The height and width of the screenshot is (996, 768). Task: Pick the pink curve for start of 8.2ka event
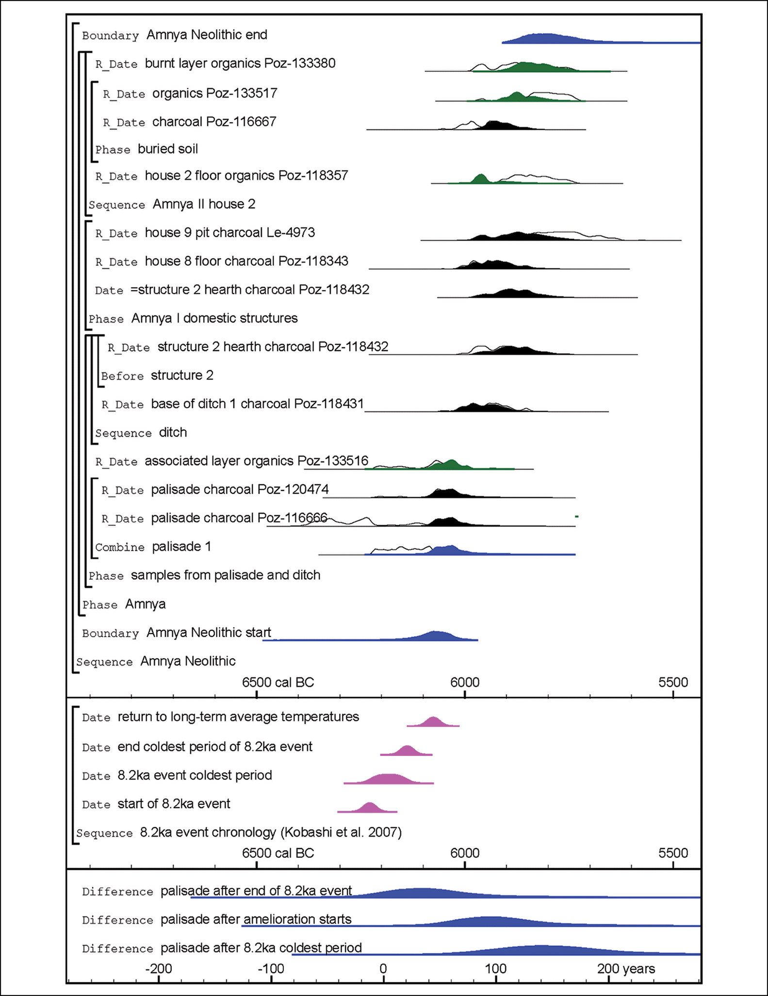369,808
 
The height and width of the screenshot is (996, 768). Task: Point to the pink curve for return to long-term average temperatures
432,722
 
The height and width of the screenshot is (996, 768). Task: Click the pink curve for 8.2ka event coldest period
388,779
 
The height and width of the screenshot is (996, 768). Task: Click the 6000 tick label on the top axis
465,683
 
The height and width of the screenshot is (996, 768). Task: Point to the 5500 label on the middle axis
673,853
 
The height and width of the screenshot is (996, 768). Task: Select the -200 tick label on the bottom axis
159,969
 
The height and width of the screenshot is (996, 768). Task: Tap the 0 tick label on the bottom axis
383,969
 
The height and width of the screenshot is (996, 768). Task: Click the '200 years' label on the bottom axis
626,969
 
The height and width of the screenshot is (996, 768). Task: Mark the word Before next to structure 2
122,376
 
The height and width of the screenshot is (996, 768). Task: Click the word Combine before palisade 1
120,548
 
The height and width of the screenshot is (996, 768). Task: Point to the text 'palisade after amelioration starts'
256,919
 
